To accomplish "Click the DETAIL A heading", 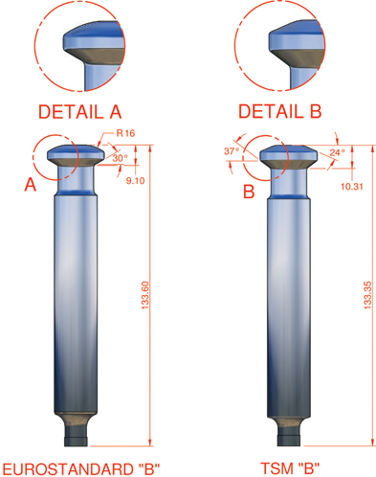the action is click(79, 111).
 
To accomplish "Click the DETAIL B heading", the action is click(279, 111).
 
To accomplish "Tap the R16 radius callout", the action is click(125, 133).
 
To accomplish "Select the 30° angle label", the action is click(120, 158).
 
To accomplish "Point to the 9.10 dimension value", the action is click(135, 181).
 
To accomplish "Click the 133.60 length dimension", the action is click(145, 295).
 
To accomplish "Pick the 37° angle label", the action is click(232, 150).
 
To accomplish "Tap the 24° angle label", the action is click(337, 152).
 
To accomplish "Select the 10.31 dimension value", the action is click(352, 187).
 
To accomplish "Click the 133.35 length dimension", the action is click(367, 295).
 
